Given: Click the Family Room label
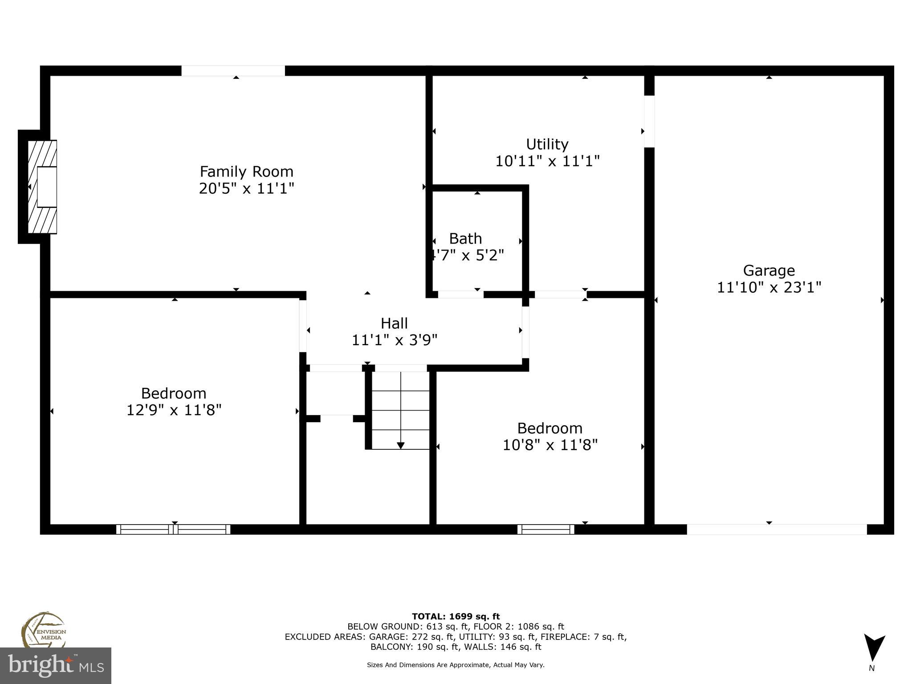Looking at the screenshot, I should click(x=246, y=171).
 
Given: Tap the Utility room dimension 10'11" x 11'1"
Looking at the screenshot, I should click(x=547, y=161).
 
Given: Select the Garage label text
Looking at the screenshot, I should click(x=769, y=271).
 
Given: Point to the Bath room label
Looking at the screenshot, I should click(x=465, y=239).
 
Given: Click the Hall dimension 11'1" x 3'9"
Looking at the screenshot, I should click(x=395, y=340).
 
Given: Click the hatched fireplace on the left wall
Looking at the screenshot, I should click(x=42, y=187).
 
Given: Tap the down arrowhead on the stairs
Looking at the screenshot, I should click(x=400, y=445).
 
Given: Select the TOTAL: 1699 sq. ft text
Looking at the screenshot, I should click(x=456, y=616).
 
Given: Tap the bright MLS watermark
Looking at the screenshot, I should click(x=55, y=665).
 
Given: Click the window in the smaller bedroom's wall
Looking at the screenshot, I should click(x=546, y=529).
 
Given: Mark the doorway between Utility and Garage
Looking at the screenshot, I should click(x=649, y=121).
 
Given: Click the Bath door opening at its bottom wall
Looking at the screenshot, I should click(x=460, y=294).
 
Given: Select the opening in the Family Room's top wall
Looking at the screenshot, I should click(x=233, y=71).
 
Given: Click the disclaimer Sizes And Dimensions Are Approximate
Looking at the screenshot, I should click(x=456, y=665).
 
